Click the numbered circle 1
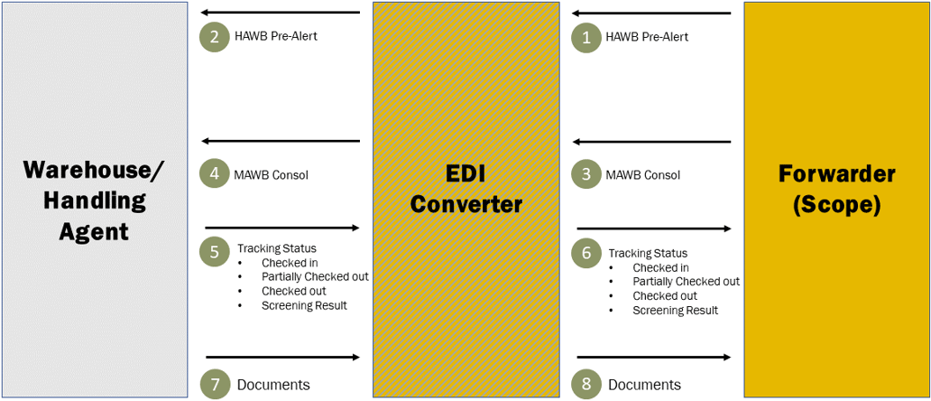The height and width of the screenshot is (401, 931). [586, 38]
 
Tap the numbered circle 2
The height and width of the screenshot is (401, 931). [215, 38]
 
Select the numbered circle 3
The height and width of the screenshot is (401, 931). [586, 174]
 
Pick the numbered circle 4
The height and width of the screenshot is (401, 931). [215, 174]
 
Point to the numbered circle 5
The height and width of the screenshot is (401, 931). [215, 252]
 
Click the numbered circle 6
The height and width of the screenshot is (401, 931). [586, 254]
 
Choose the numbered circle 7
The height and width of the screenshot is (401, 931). [215, 384]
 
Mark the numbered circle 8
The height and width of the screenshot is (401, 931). [586, 384]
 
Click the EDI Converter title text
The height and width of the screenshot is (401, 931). [465, 190]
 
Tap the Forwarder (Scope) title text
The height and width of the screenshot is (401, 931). [835, 189]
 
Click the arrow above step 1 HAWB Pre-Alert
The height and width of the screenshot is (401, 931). [653, 14]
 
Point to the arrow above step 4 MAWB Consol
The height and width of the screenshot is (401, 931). [281, 141]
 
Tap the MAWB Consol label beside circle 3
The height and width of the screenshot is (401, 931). [642, 175]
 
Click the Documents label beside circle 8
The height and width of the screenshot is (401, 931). [644, 385]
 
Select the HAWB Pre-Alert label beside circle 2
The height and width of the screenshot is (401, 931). [275, 37]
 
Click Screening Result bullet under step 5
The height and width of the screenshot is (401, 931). [304, 305]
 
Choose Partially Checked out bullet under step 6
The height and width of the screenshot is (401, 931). [686, 282]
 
